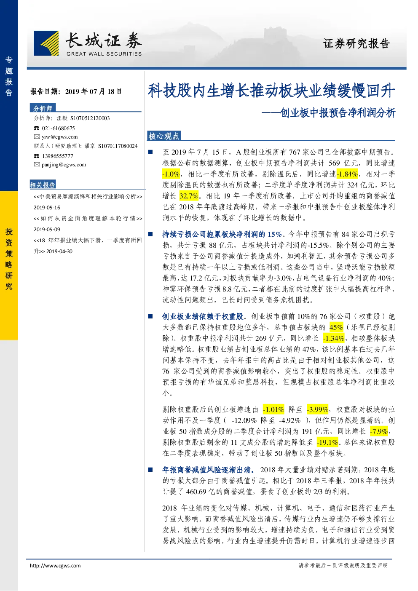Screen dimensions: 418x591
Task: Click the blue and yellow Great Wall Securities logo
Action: (46, 43)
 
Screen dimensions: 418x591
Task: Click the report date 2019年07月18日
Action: (94, 91)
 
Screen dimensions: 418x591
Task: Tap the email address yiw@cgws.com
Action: (60, 136)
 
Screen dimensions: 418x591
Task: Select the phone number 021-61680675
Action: (58, 128)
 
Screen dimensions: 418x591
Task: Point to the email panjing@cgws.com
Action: (64, 165)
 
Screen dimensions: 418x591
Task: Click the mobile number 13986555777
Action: (58, 156)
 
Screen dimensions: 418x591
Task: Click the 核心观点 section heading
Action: (163, 136)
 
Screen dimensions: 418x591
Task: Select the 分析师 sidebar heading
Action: (43, 108)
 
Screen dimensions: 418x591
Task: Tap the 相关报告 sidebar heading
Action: (43, 185)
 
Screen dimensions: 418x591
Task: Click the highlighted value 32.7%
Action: (189, 196)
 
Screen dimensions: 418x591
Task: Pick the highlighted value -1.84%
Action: (347, 174)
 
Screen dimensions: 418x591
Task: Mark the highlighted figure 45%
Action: (336, 327)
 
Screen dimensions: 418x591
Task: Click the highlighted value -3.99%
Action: (317, 409)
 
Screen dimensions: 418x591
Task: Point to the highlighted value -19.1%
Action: (327, 442)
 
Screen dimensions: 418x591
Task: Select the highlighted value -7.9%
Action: (379, 431)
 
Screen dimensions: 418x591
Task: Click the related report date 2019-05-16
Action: (47, 208)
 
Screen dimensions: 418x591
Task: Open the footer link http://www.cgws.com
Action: (55, 565)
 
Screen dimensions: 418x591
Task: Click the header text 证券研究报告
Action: (356, 43)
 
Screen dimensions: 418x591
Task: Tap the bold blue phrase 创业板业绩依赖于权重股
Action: (203, 316)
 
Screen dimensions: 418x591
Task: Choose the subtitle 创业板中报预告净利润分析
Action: (338, 112)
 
